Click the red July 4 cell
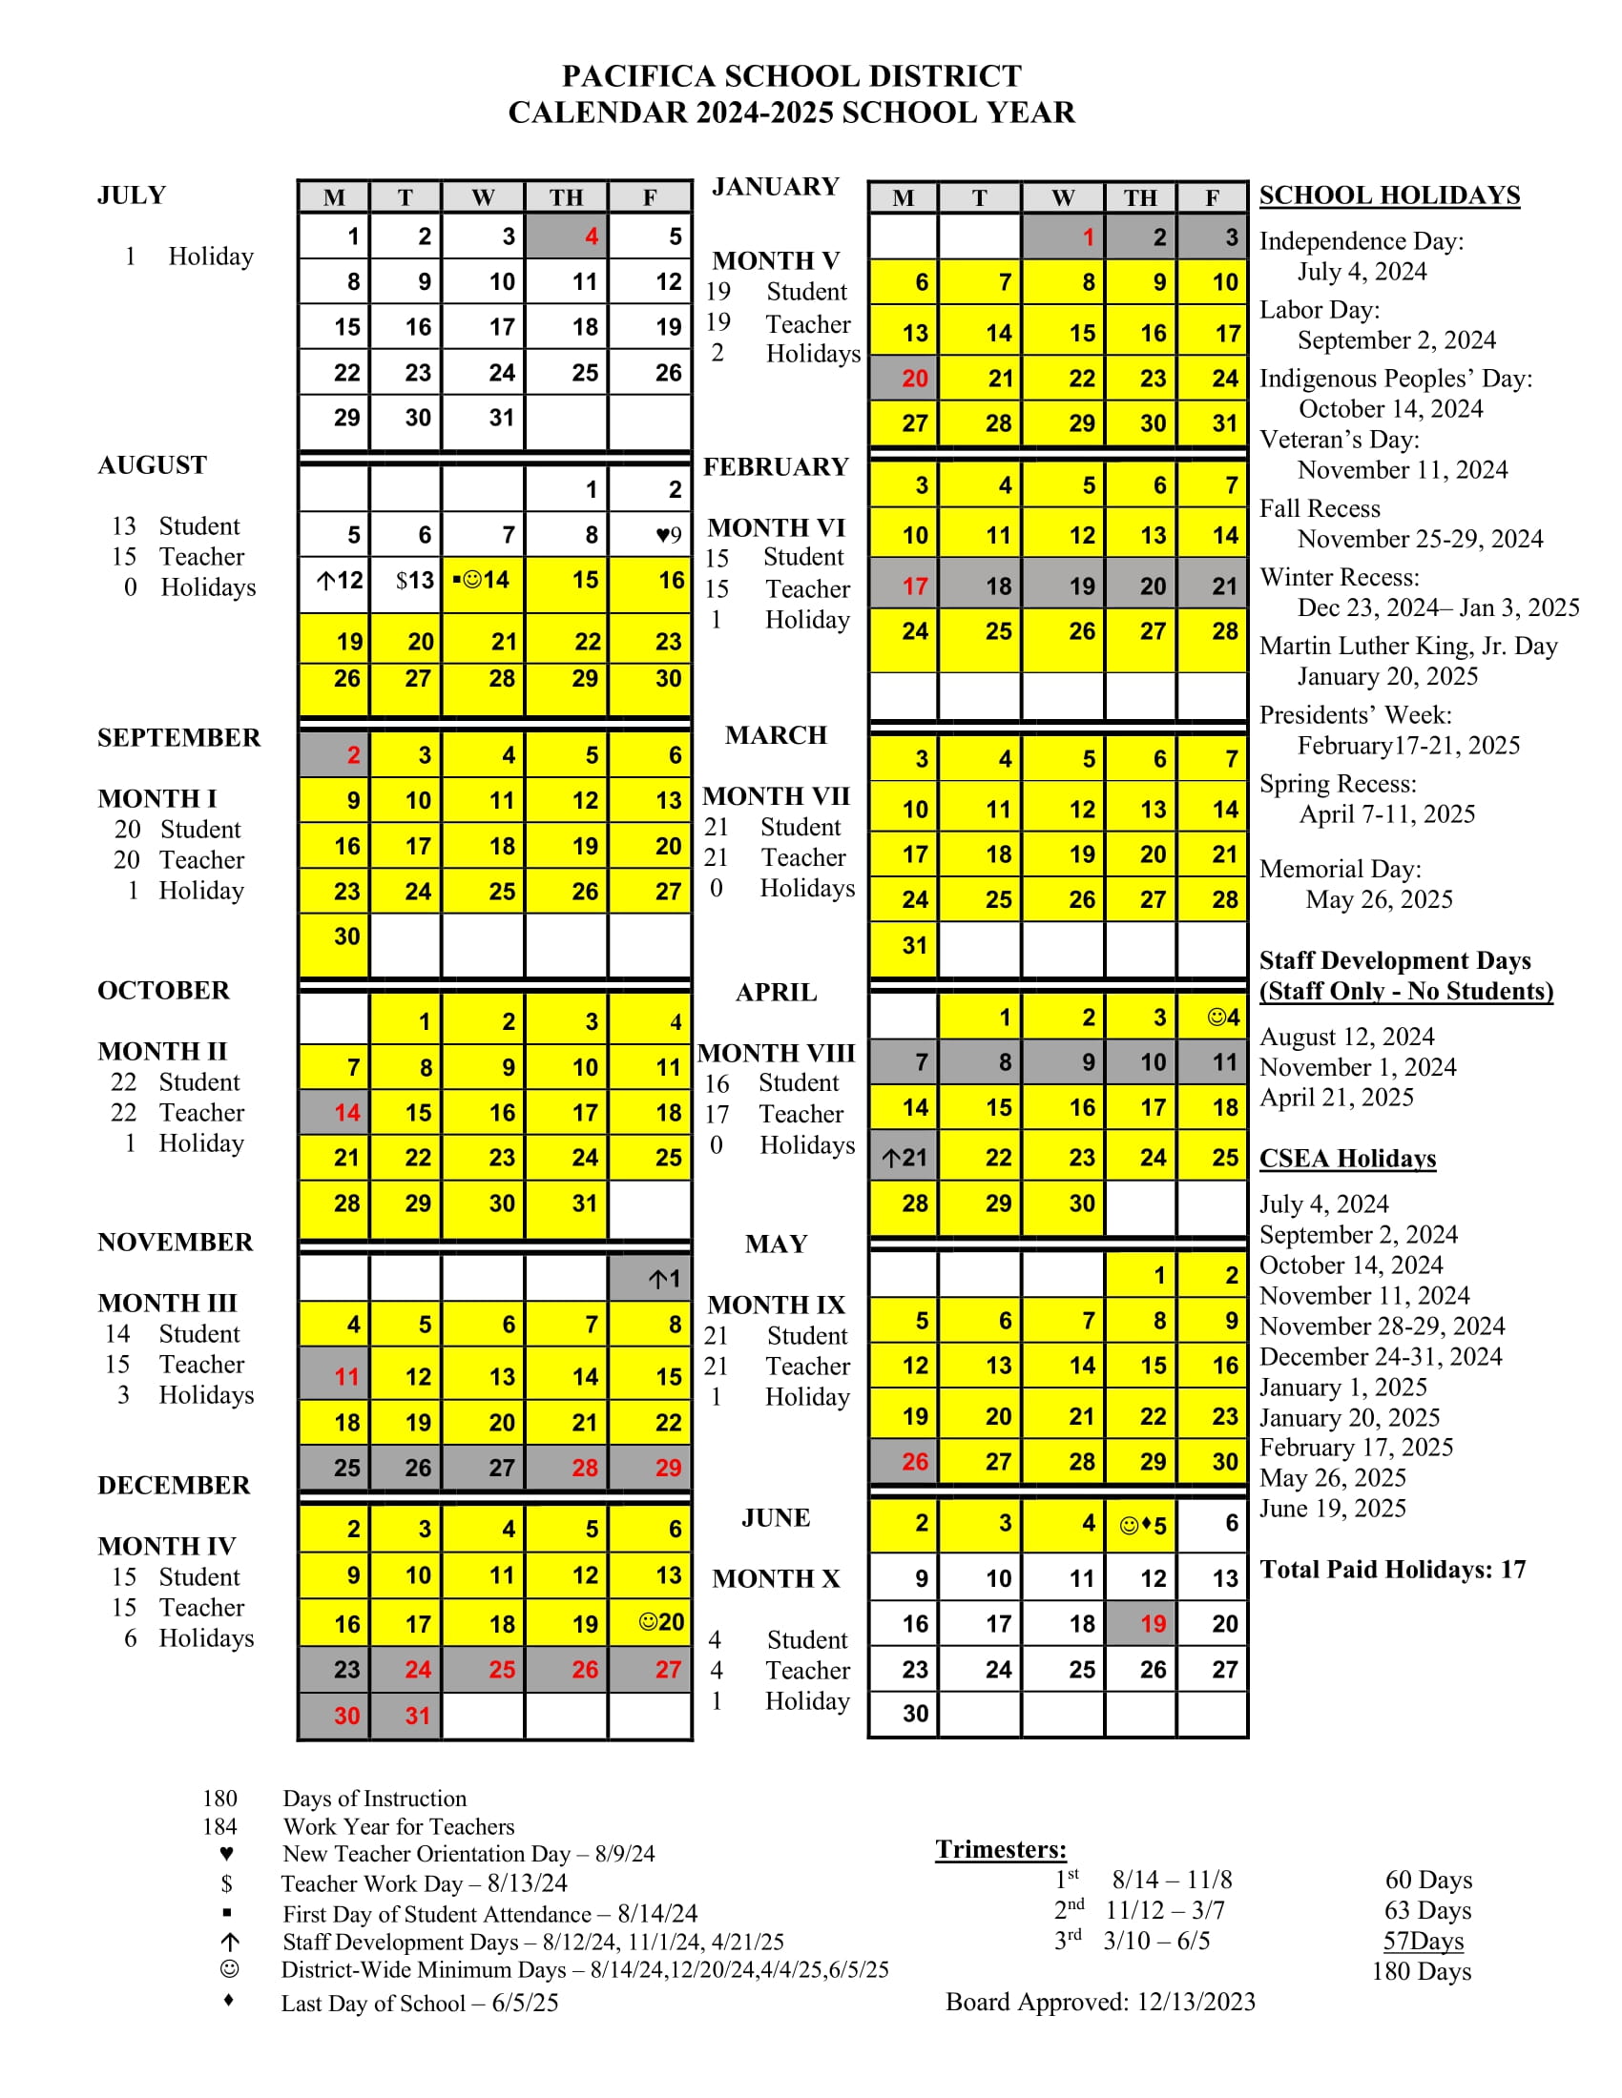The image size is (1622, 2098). point(567,236)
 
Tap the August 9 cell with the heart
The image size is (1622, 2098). point(650,534)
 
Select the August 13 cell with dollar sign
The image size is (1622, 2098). point(405,580)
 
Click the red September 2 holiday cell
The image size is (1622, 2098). point(334,755)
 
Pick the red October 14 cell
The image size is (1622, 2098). point(334,1112)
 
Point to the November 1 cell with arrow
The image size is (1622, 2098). point(650,1279)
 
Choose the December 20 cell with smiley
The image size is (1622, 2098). point(650,1622)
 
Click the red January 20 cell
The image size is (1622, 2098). point(904,379)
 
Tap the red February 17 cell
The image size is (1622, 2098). point(904,586)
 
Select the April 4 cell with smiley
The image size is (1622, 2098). point(1213,1018)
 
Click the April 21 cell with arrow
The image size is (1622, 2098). point(904,1158)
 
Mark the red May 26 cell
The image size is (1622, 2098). point(904,1462)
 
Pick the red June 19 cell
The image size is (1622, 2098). point(1140,1623)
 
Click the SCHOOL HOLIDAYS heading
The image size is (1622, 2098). point(1389,195)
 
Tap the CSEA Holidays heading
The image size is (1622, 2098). point(1347,1159)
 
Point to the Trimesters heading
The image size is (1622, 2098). point(1000,1849)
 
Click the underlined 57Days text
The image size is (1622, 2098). point(1424,1942)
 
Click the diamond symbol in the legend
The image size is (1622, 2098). point(228,2000)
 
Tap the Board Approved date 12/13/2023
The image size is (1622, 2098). point(1196,2002)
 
